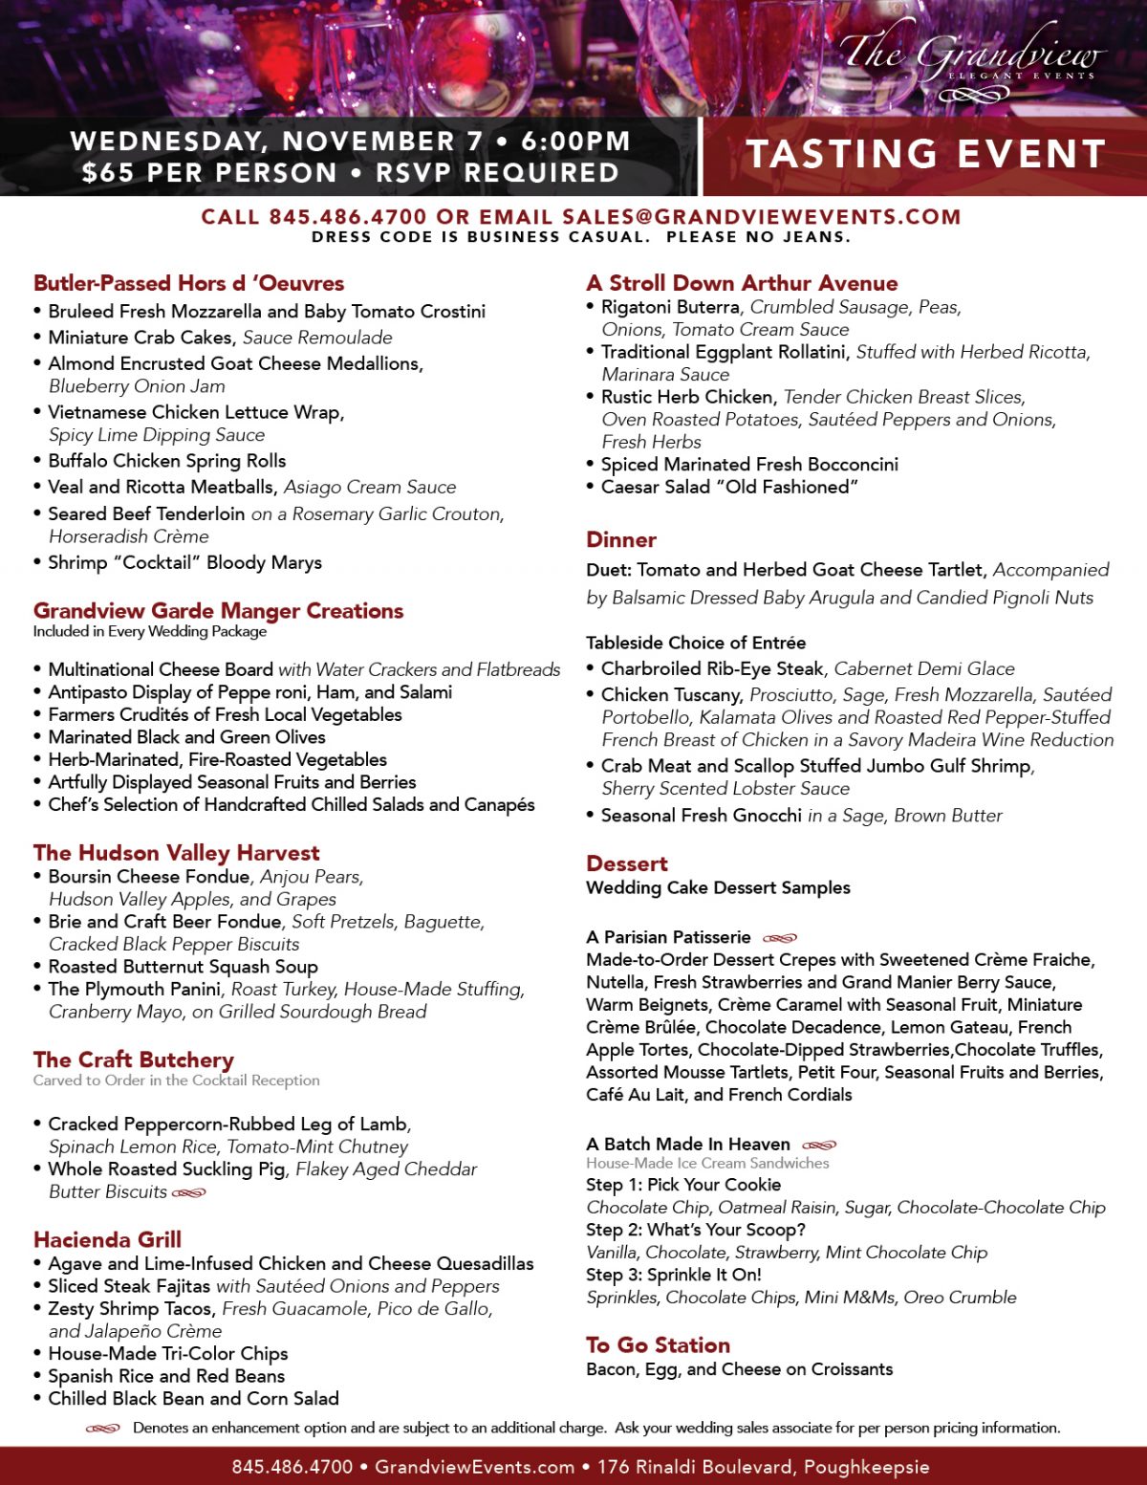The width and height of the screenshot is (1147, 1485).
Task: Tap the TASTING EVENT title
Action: pyautogui.click(x=925, y=154)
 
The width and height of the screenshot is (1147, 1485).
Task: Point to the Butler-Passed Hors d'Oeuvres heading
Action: pyautogui.click(x=188, y=283)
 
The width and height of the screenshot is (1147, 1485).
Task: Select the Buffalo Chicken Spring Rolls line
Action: pyautogui.click(x=167, y=461)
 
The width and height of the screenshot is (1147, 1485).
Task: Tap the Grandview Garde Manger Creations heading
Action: pyautogui.click(x=218, y=611)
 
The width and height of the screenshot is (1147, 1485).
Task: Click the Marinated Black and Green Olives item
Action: pyautogui.click(x=186, y=737)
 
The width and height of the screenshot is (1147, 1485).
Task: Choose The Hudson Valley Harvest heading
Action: pyautogui.click(x=176, y=853)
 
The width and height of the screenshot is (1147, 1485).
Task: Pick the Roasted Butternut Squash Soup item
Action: pyautogui.click(x=183, y=967)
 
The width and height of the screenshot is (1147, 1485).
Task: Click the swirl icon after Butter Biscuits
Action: pyautogui.click(x=189, y=1192)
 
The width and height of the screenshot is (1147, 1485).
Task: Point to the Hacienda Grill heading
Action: pyautogui.click(x=107, y=1240)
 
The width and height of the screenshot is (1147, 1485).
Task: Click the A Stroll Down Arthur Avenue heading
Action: pyautogui.click(x=742, y=283)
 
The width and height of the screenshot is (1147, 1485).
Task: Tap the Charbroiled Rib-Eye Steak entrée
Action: pyautogui.click(x=712, y=668)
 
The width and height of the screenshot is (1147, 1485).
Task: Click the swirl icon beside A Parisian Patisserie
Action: pyautogui.click(x=780, y=938)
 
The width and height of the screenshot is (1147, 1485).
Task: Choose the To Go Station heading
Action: pyautogui.click(x=658, y=1345)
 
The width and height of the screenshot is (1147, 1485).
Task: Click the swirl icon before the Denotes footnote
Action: pyautogui.click(x=102, y=1429)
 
